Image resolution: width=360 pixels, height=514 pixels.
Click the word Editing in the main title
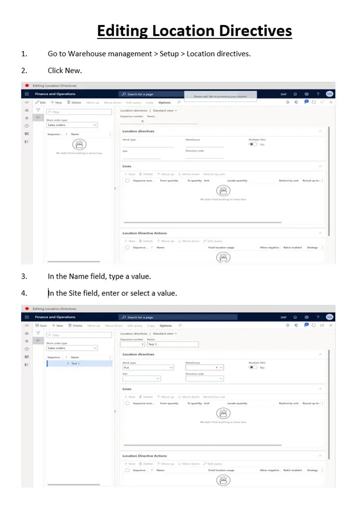pyautogui.click(x=122, y=31)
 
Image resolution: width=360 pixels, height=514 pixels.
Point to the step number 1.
pyautogui.click(x=24, y=54)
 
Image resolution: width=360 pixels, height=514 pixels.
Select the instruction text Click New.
pyautogui.click(x=64, y=70)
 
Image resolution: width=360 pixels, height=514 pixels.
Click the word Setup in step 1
pyautogui.click(x=169, y=54)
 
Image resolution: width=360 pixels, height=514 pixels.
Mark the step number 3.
pyautogui.click(x=24, y=276)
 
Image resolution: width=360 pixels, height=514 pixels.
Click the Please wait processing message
pyautogui.click(x=220, y=96)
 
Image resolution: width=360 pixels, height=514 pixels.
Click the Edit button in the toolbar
pyautogui.click(x=41, y=103)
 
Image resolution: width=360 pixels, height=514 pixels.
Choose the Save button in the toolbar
pyautogui.click(x=41, y=325)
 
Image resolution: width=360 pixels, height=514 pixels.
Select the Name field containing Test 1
pyautogui.click(x=172, y=345)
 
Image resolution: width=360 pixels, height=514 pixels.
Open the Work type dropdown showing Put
pyautogui.click(x=148, y=367)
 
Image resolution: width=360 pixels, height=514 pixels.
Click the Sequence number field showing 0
pyautogui.click(x=132, y=121)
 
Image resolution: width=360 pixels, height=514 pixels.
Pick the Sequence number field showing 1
pyautogui.click(x=133, y=345)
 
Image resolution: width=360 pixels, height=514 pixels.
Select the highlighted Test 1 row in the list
pyautogui.click(x=79, y=363)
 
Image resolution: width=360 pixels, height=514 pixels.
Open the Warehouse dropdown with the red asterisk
pyautogui.click(x=205, y=367)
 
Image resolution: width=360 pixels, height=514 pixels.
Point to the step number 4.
pyautogui.click(x=24, y=293)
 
